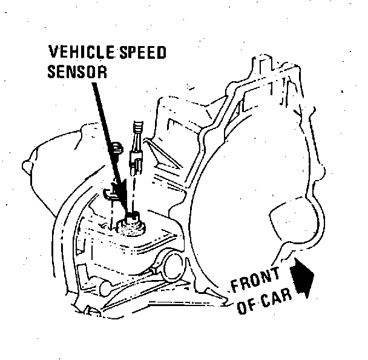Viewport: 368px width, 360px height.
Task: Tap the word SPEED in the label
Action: coord(139,53)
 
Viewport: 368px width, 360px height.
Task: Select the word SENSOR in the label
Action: coord(77,72)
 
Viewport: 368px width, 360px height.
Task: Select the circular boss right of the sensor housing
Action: coord(177,264)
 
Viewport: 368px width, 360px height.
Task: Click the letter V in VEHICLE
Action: coord(53,53)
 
